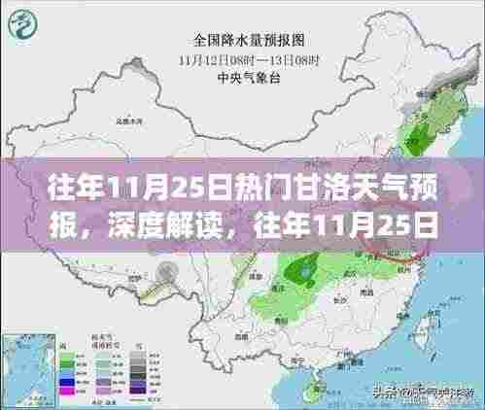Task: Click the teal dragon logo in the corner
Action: point(22,20)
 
